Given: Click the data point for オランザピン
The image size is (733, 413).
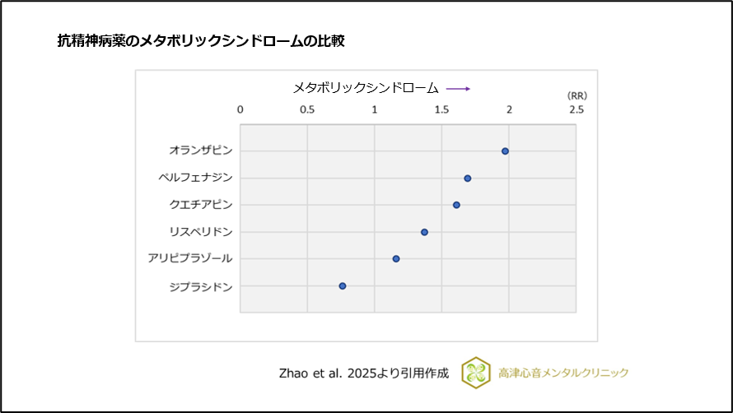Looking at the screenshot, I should (x=505, y=151).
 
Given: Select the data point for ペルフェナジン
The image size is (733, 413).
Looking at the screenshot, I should (x=467, y=178).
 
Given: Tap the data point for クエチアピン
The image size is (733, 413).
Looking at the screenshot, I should (x=456, y=205).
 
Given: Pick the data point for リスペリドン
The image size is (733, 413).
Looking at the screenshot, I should (x=424, y=232).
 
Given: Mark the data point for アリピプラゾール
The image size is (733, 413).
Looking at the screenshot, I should (x=396, y=258).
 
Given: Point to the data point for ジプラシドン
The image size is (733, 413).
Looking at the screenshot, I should (x=343, y=285).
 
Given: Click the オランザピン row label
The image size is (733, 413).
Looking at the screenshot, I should (x=201, y=151).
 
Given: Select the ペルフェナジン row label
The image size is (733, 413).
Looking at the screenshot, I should (x=195, y=178).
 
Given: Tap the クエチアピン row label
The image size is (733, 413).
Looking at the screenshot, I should (x=201, y=204).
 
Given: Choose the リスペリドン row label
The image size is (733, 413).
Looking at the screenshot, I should (x=201, y=231).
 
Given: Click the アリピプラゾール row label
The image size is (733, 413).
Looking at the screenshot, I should (x=190, y=258).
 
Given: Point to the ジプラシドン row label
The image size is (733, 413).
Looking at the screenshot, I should (x=201, y=286).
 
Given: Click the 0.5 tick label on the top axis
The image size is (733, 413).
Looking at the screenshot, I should (x=307, y=109).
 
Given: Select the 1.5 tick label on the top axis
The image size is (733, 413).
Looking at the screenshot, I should (x=441, y=109).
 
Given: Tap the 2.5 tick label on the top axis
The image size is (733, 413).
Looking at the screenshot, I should (x=576, y=109).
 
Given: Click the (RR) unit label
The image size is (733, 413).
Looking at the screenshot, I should (x=577, y=95).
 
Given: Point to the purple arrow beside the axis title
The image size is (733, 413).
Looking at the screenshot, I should (x=458, y=88).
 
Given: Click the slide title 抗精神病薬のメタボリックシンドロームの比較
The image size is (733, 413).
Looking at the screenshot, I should (x=200, y=40).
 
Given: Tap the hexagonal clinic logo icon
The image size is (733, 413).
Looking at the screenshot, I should (x=475, y=372).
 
